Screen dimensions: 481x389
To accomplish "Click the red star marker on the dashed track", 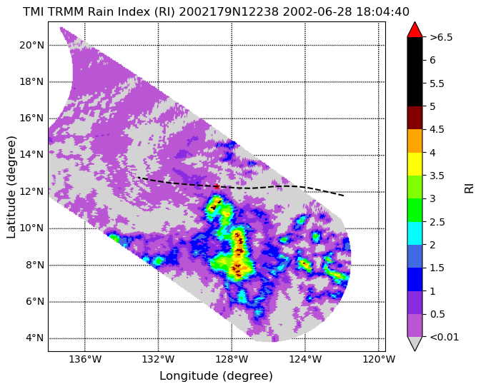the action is (x=217, y=186).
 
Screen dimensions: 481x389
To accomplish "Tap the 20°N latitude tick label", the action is (x=31, y=46).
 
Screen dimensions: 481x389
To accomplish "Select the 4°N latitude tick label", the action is (x=35, y=338).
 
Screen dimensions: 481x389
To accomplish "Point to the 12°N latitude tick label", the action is (x=31, y=192).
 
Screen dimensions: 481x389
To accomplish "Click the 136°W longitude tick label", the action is (x=85, y=359).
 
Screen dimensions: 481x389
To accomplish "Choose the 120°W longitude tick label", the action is (x=379, y=359).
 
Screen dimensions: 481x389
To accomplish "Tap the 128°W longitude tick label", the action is (x=232, y=359).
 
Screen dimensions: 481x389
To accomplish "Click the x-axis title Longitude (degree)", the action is (x=216, y=376).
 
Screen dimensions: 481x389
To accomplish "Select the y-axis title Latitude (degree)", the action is (x=11, y=187).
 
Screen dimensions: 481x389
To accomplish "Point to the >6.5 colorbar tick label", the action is (x=441, y=37).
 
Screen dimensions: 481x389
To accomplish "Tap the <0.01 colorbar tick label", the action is (x=444, y=337).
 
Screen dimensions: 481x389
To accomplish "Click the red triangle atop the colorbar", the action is (x=415, y=30).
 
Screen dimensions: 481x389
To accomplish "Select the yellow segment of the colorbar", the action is (x=415, y=164).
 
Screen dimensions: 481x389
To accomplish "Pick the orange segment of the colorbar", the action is (x=415, y=141).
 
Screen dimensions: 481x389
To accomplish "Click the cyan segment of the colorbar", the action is (x=415, y=233).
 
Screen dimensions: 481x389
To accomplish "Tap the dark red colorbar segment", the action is (x=415, y=118).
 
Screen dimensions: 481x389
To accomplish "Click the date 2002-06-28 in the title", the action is (x=318, y=12).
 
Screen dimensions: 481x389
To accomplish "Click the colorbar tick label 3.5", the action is (x=437, y=176).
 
